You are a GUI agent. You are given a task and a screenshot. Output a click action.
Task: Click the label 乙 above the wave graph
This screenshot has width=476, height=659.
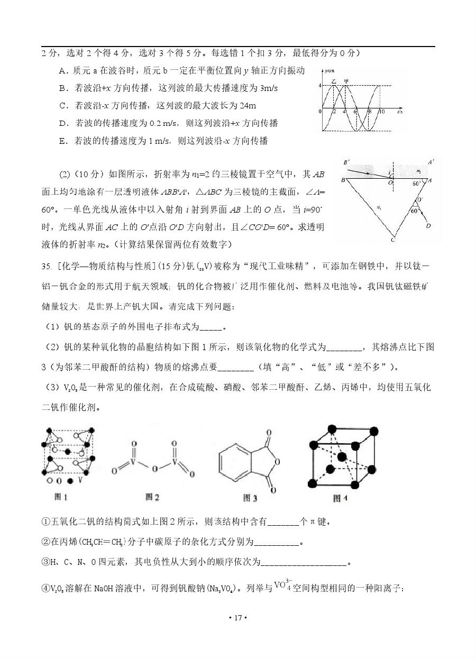pyautogui.click(x=334, y=81)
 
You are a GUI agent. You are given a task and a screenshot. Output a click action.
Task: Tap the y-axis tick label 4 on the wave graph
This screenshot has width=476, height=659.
pyautogui.click(x=320, y=86)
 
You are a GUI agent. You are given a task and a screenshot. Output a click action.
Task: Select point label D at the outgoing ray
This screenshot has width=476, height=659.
pyautogui.click(x=428, y=226)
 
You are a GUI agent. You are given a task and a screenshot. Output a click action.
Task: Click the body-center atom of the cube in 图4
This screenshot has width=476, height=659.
pyautogui.click(x=342, y=456)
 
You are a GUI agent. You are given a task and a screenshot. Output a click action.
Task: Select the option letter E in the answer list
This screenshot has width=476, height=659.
pyautogui.click(x=62, y=141)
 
